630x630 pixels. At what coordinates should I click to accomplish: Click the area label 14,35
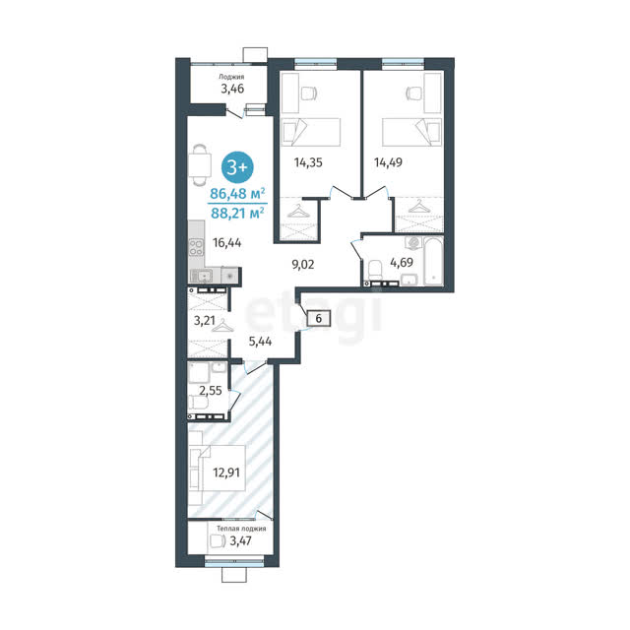pyautogui.click(x=308, y=162)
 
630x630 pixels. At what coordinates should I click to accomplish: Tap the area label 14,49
pyautogui.click(x=388, y=162)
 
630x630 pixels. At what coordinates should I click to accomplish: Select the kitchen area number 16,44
pyautogui.click(x=227, y=243)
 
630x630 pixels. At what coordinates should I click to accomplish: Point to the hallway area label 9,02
pyautogui.click(x=303, y=265)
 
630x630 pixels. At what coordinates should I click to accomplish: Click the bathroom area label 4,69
pyautogui.click(x=402, y=263)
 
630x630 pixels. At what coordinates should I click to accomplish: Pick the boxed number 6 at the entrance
pyautogui.click(x=319, y=318)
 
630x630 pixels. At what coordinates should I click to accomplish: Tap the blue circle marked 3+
pyautogui.click(x=237, y=167)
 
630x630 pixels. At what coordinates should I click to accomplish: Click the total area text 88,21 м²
pyautogui.click(x=237, y=213)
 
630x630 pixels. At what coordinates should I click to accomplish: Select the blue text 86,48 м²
pyautogui.click(x=237, y=193)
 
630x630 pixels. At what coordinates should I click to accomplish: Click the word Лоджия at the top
pyautogui.click(x=231, y=77)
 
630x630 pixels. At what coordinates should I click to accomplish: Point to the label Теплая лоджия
pyautogui.click(x=241, y=529)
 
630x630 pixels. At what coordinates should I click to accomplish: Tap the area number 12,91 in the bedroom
pyautogui.click(x=226, y=472)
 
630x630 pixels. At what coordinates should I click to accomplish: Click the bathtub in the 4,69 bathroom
pyautogui.click(x=433, y=261)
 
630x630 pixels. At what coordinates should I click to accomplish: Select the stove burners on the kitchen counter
pyautogui.click(x=196, y=247)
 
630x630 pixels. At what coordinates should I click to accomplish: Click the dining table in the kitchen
pyautogui.click(x=200, y=164)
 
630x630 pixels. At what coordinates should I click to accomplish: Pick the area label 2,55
pyautogui.click(x=211, y=390)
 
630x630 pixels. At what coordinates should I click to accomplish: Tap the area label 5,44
pyautogui.click(x=260, y=342)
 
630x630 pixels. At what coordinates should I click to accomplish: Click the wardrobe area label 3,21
pyautogui.click(x=205, y=321)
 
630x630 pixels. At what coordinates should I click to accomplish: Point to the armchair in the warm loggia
pyautogui.click(x=217, y=541)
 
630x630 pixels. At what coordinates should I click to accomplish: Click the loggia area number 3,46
pyautogui.click(x=232, y=89)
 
